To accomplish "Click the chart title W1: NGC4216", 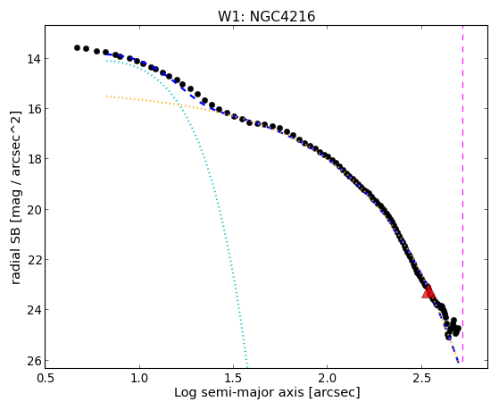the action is [266, 17].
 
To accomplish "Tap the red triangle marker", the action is [428, 292].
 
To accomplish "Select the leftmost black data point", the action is [77, 47].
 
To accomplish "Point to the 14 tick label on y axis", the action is [33, 59].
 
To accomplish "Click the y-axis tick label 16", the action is [33, 109].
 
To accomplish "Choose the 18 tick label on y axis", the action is [33, 159].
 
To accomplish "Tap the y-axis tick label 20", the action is [33, 210].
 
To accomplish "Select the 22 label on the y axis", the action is [33, 260].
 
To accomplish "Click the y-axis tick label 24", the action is [33, 310].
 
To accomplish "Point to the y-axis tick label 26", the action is [33, 361].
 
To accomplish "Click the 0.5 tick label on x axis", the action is [46, 378].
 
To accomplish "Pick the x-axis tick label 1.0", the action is [140, 378].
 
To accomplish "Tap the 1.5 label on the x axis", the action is [233, 378].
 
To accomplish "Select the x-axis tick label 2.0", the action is [327, 378].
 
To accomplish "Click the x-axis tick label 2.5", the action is [421, 378].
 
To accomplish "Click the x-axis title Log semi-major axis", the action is [239, 392].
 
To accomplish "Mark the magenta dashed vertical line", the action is [462, 194].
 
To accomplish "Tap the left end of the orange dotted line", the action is [107, 96].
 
